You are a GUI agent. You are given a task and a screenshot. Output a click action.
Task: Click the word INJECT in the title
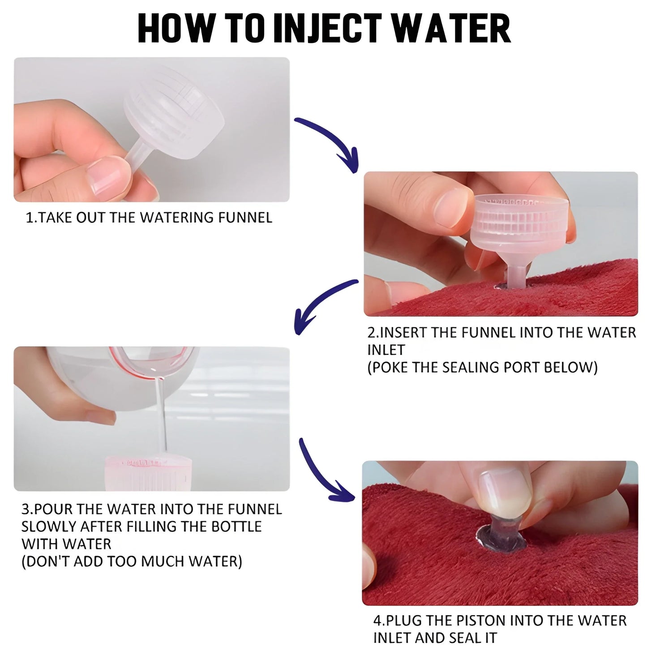click(x=328, y=29)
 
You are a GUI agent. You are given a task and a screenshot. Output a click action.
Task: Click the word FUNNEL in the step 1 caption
click(x=245, y=218)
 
